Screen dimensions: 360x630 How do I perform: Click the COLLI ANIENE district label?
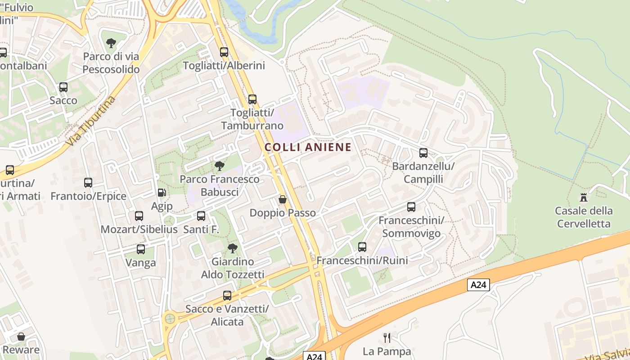point(308,147)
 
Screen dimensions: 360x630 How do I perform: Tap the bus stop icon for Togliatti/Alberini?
point(224,52)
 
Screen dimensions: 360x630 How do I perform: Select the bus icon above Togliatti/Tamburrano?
point(252,99)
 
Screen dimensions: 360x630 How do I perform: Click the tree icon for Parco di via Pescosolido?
point(111,44)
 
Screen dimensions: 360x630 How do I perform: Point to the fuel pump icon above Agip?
point(162,193)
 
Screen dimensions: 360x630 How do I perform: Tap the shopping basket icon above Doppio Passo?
point(283,199)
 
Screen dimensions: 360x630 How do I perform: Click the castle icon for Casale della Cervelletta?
point(584,197)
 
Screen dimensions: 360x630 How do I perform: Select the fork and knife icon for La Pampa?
point(387,337)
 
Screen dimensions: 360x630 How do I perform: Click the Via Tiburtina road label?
point(90,121)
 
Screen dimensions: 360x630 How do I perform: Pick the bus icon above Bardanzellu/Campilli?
point(423,153)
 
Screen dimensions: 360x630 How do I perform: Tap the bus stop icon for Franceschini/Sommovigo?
point(411,207)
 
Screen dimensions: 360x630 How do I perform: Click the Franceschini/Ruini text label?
point(362,261)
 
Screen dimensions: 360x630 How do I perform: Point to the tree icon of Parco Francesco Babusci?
point(220,166)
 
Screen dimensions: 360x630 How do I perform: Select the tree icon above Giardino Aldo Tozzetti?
point(233,248)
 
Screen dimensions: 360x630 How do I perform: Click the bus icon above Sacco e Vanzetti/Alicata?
point(227,296)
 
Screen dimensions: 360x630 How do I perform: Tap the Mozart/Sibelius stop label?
point(139,229)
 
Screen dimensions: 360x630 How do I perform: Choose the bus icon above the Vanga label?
point(141,249)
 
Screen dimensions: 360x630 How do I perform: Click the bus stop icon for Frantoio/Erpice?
point(88,183)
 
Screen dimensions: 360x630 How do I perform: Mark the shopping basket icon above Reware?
point(21,337)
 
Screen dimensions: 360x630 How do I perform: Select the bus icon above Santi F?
point(201,216)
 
